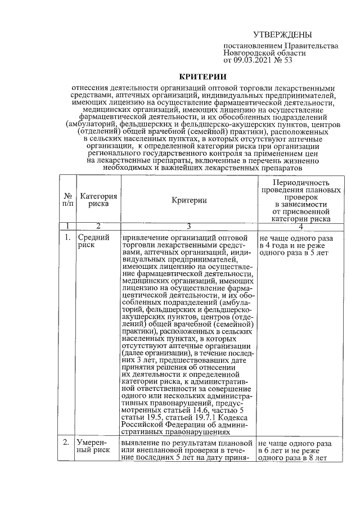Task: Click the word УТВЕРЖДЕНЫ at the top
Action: (x=282, y=35)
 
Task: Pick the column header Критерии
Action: (x=188, y=200)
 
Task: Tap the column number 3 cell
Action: (x=188, y=226)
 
